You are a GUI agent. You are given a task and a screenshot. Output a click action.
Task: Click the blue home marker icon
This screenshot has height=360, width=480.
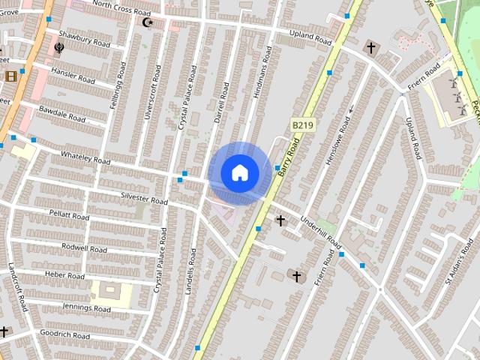[x=240, y=172]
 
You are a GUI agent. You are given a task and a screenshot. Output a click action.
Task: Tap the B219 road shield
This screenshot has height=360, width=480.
[x=301, y=124]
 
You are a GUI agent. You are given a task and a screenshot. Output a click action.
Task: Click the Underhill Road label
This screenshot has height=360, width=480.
[x=320, y=232]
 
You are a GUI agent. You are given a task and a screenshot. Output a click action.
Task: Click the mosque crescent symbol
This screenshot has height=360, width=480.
[x=148, y=22]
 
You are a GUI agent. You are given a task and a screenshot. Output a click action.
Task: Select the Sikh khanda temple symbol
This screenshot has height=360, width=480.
[x=59, y=49]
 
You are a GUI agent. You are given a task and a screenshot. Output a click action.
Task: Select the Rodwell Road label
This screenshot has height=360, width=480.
[x=85, y=247]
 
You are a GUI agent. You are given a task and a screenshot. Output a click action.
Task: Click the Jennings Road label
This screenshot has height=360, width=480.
[x=87, y=307]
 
